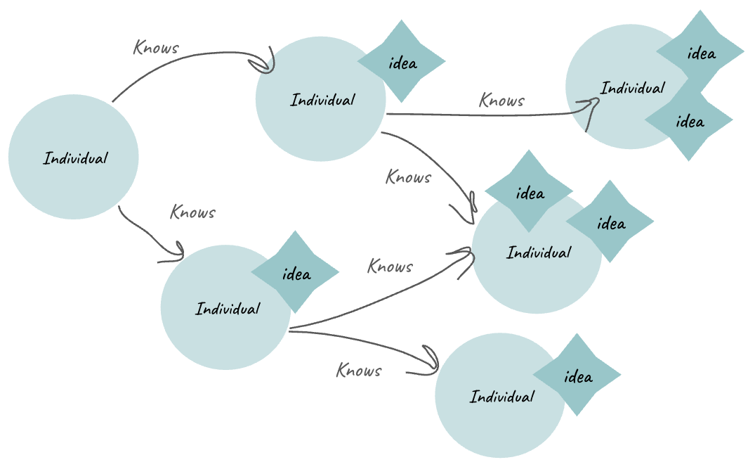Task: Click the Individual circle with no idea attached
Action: pos(73,157)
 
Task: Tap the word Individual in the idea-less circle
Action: pos(76,158)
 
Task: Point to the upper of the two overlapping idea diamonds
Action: pos(700,53)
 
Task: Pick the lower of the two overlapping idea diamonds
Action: pos(689,122)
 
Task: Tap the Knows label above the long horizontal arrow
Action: pos(501,101)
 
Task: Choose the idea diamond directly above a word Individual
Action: pos(529,193)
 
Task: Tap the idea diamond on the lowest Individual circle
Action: pos(577,376)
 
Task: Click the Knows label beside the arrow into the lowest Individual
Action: pos(359,371)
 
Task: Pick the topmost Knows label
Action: pos(156,49)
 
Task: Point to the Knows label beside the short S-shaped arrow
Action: pos(193,212)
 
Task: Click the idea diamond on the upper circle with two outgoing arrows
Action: pos(402,63)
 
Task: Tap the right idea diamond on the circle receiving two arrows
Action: pos(610,223)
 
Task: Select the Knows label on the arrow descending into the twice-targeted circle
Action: pos(408,177)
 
